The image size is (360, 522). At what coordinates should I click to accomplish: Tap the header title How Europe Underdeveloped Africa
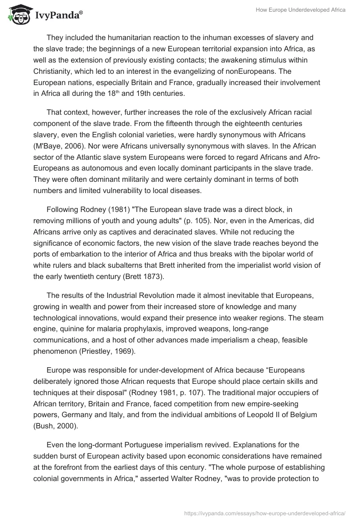[x=301, y=10]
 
